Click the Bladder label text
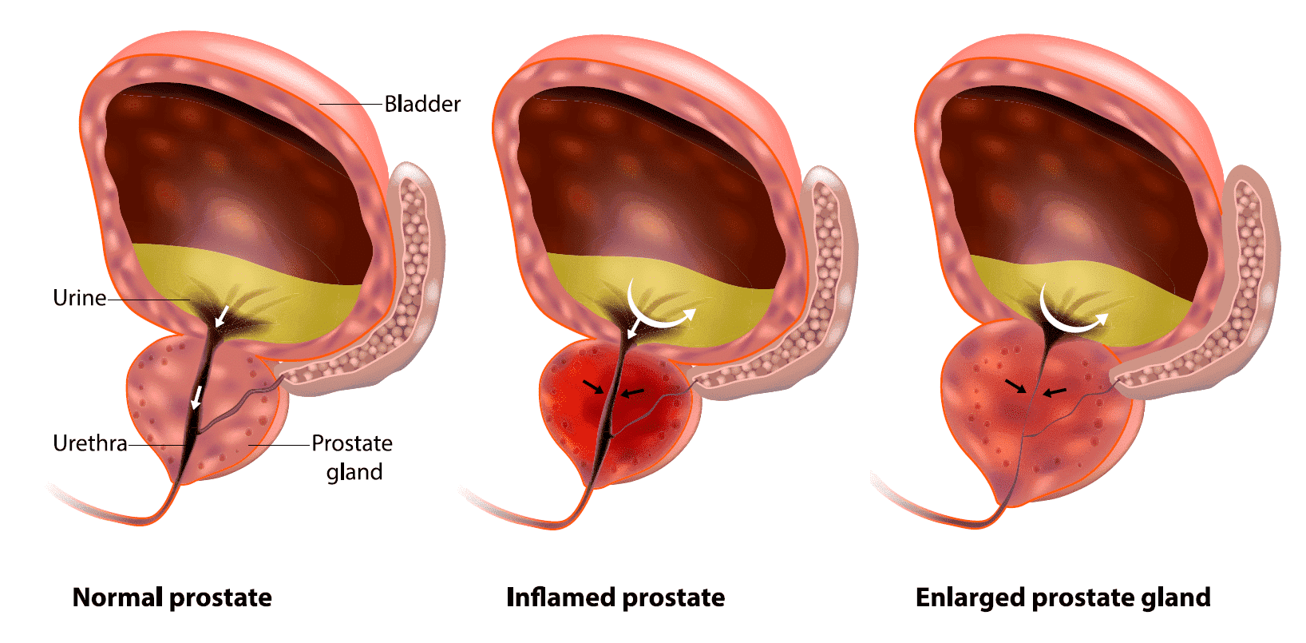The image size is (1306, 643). coord(422,104)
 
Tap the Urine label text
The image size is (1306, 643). coord(79,298)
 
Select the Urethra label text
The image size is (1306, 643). coord(89,443)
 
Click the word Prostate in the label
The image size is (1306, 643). coord(352,443)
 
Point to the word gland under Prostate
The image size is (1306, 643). coord(354,472)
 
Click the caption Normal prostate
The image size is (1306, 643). coord(172,597)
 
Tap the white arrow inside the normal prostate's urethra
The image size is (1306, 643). coord(196,397)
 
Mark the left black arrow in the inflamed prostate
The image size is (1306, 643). coord(593,387)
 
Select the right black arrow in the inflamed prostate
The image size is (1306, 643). coord(632,393)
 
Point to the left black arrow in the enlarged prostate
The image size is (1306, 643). coord(1016,386)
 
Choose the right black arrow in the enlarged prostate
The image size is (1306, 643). coord(1055,392)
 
